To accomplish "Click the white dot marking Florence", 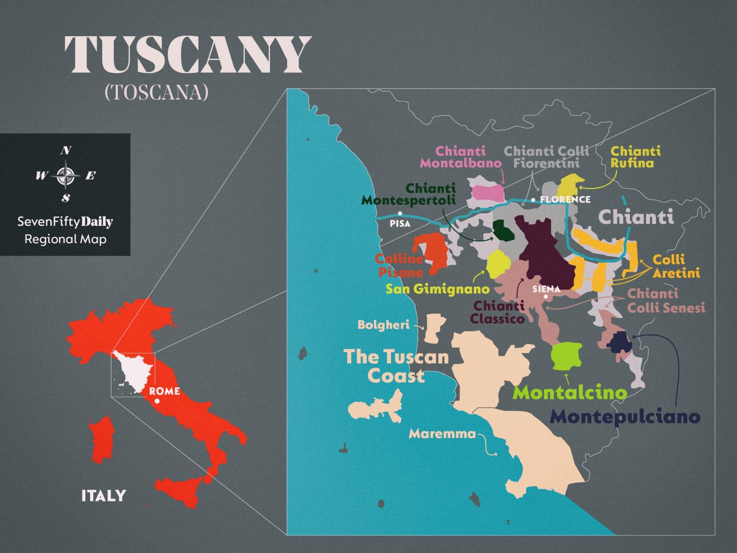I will tap(533, 200).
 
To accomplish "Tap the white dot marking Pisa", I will tap(400, 213).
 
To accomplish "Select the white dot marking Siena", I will tap(546, 297).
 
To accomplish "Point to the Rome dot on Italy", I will tap(157, 401).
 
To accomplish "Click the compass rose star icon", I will tap(66, 175).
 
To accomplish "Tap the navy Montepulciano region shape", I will tap(619, 342).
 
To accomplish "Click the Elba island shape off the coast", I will tap(376, 409).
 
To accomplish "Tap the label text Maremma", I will tap(442, 433).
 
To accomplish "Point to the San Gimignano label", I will tap(437, 289).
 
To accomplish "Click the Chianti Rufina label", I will tap(635, 157).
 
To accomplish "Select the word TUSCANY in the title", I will tap(188, 54).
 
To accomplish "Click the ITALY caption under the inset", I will tap(104, 495).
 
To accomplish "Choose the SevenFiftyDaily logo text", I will tap(65, 221).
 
